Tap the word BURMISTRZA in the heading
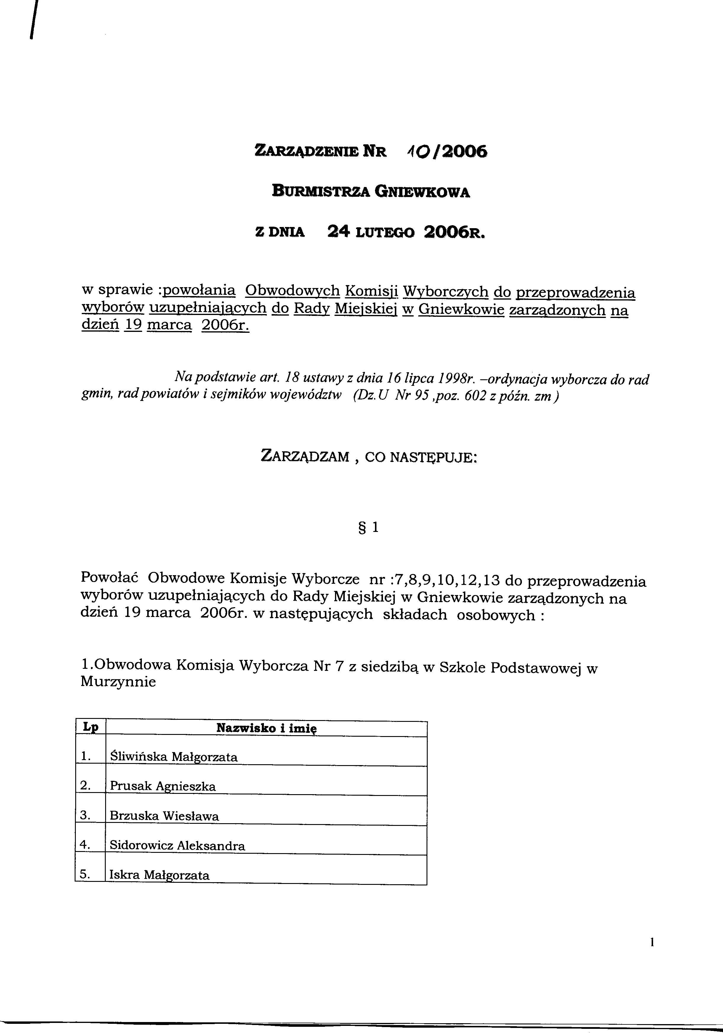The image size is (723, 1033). click(322, 192)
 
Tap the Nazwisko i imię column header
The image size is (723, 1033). click(266, 728)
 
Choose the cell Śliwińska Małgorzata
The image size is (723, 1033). click(174, 757)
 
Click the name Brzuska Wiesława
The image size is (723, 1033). click(164, 816)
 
